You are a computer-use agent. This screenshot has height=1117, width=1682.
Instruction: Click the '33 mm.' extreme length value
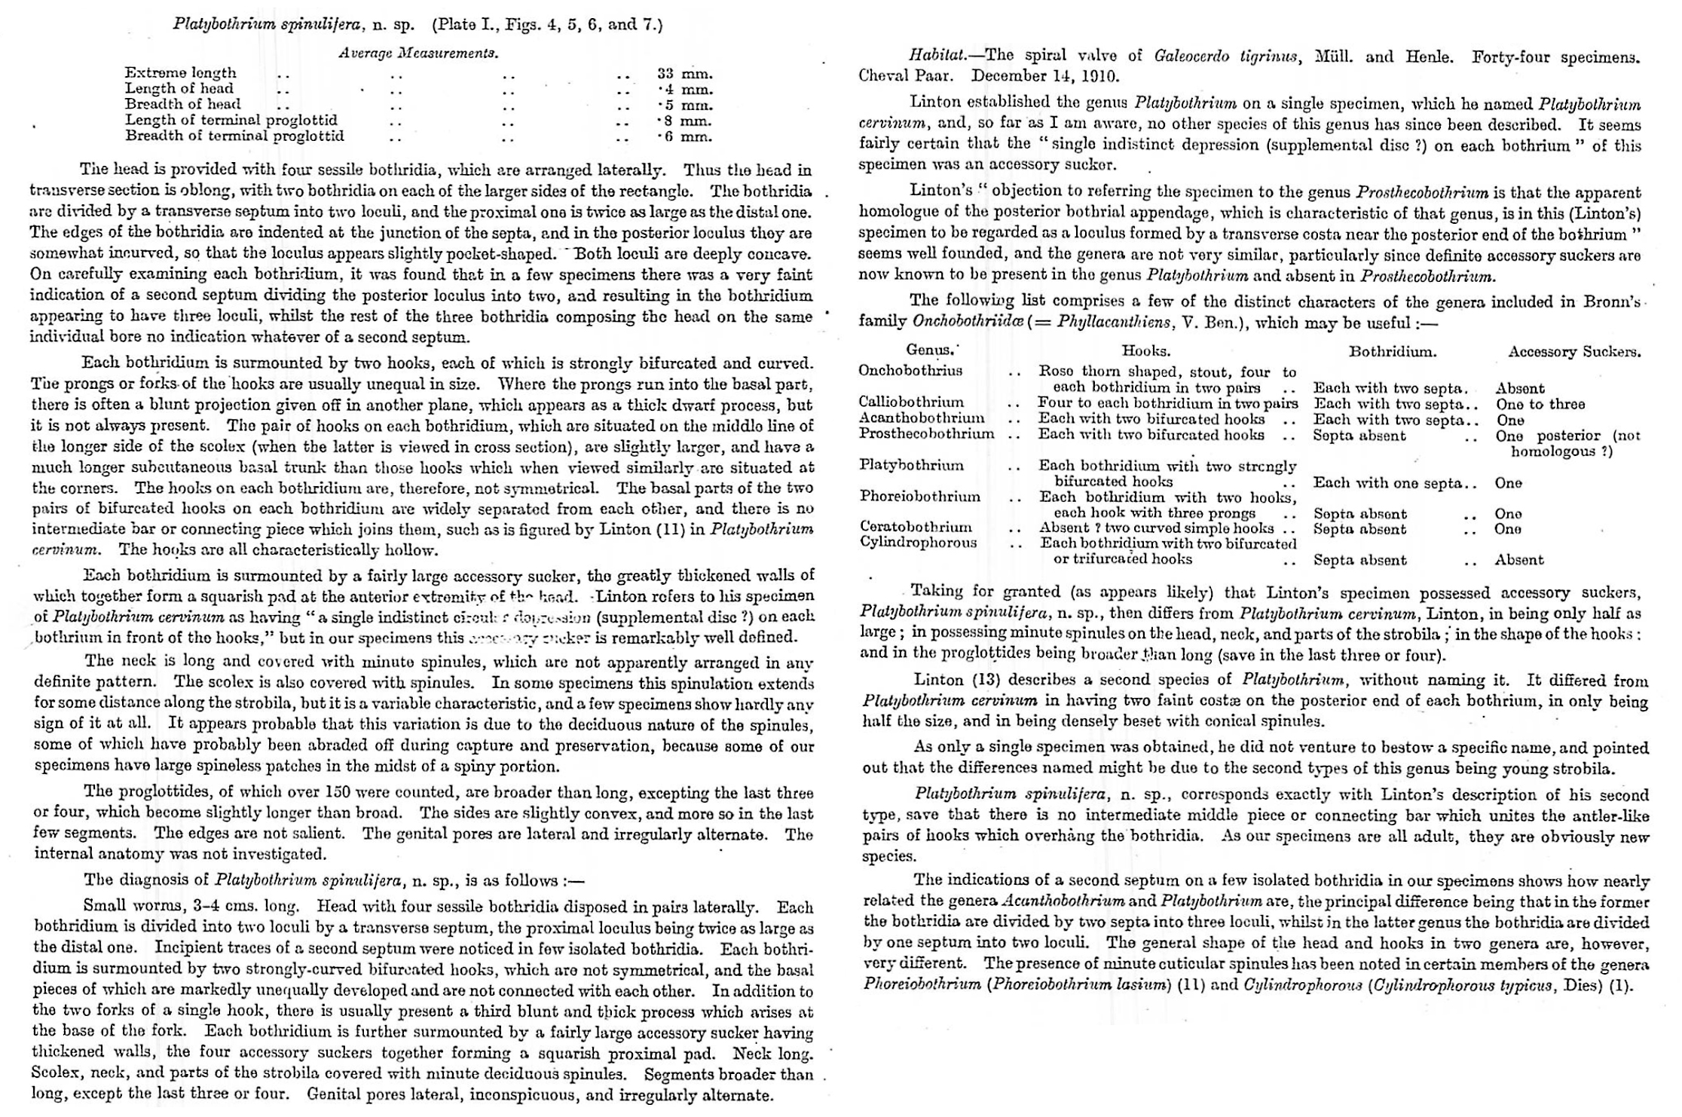[684, 73]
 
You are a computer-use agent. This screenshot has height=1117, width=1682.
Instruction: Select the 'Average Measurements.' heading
[418, 53]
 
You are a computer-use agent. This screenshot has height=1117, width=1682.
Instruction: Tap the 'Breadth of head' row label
[182, 104]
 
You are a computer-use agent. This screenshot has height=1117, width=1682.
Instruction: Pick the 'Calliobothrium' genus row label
[910, 402]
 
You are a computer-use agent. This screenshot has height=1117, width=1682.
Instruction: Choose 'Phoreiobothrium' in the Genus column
[919, 497]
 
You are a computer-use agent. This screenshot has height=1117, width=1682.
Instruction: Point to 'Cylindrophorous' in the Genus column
[918, 542]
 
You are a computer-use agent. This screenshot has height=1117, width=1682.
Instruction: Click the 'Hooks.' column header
[1145, 350]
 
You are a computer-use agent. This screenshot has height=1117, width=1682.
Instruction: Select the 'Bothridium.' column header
[1393, 351]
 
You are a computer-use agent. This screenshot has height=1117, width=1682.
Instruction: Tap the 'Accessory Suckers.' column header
[1573, 351]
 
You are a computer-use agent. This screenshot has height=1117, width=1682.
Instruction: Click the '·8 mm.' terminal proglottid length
[684, 121]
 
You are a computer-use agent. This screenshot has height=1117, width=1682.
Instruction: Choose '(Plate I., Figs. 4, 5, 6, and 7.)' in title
[547, 24]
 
